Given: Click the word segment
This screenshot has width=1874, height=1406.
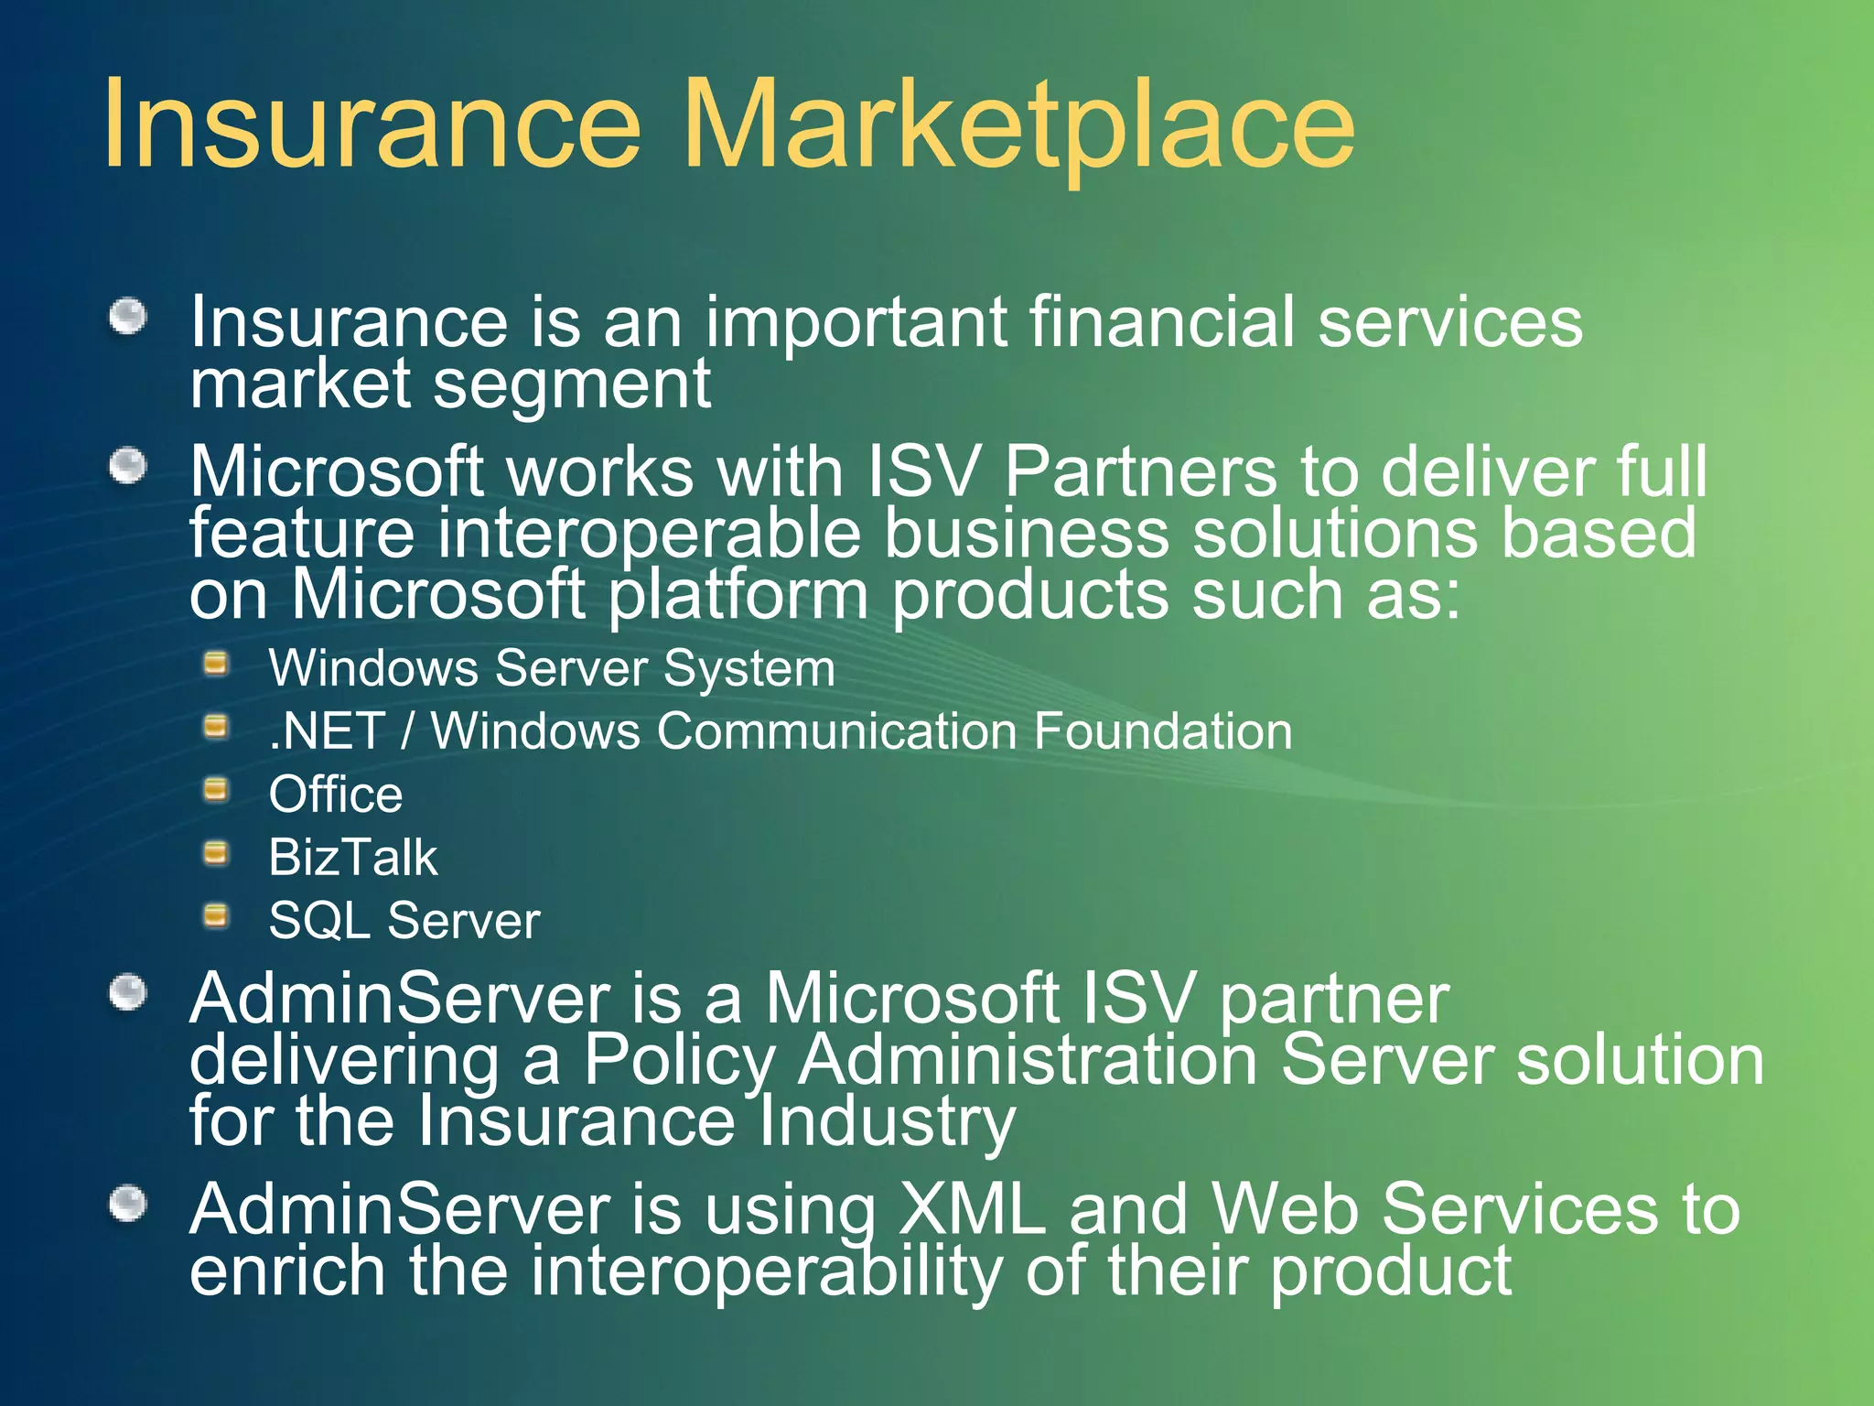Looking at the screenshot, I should pyautogui.click(x=571, y=384).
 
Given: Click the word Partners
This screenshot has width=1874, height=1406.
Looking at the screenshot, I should pyautogui.click(x=1140, y=472).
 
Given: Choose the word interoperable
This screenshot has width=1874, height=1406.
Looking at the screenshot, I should pyautogui.click(x=649, y=534).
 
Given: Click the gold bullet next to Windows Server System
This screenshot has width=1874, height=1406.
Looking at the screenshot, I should pyautogui.click(x=216, y=664).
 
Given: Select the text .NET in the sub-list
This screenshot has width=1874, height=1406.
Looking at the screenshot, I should pyautogui.click(x=326, y=732).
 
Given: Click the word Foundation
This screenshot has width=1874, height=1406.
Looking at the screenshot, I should pyautogui.click(x=1163, y=732).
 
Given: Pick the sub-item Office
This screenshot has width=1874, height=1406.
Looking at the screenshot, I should pyautogui.click(x=335, y=795).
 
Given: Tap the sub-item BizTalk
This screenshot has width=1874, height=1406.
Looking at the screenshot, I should pyautogui.click(x=352, y=858).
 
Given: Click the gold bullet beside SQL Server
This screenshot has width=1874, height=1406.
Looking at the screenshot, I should pyautogui.click(x=216, y=915).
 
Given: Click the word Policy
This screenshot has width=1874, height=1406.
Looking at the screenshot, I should pyautogui.click(x=679, y=1062).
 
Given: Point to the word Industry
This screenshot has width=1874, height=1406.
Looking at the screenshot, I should pyautogui.click(x=887, y=1122).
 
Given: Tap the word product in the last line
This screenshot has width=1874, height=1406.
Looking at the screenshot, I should pyautogui.click(x=1391, y=1272).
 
